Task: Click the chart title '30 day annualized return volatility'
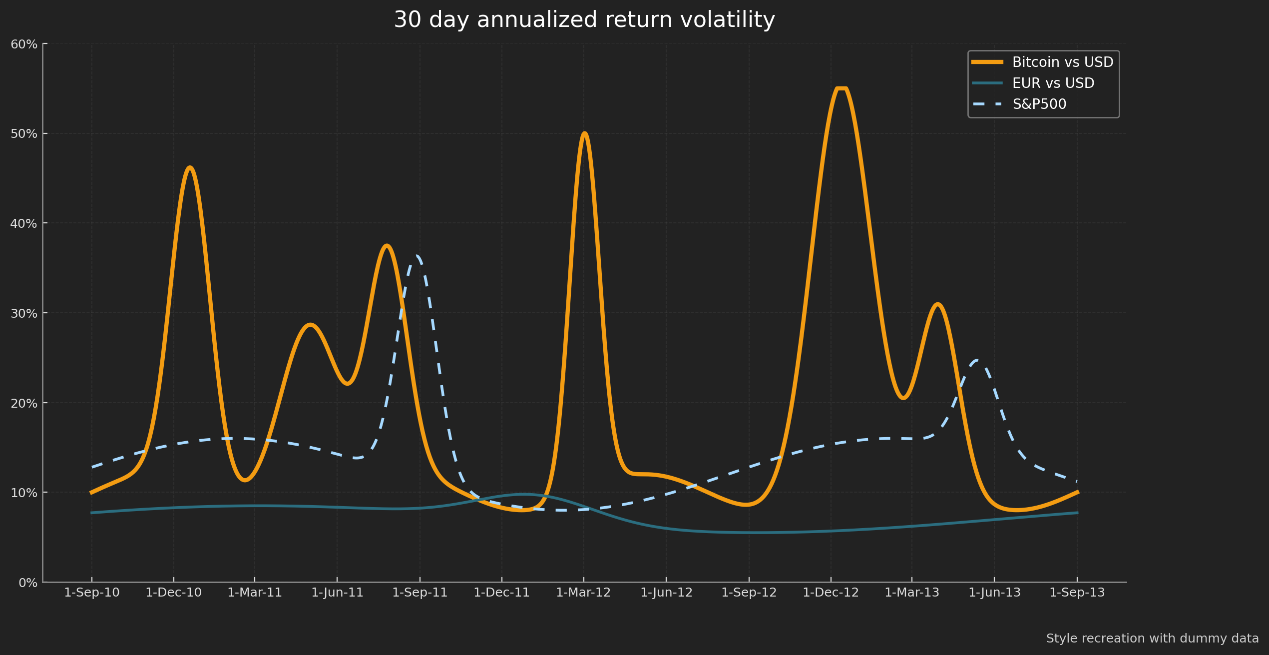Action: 584,20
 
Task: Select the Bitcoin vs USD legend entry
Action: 1062,62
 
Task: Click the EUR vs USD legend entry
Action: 1053,83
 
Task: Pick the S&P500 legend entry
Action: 1039,104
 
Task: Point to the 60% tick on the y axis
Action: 24,44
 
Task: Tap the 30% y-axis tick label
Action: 24,313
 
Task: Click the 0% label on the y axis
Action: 28,583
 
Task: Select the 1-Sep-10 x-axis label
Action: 92,593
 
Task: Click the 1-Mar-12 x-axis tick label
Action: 583,593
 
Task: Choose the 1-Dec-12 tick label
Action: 831,593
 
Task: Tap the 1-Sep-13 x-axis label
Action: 1077,593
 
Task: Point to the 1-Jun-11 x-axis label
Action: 337,593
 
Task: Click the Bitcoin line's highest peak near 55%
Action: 842,89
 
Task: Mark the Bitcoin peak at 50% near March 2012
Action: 584,133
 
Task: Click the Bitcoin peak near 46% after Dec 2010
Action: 190,168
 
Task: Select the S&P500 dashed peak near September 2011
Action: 418,257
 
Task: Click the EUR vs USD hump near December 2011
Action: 523,494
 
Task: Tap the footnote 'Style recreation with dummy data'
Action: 1152,639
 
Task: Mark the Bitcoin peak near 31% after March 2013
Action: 938,304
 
